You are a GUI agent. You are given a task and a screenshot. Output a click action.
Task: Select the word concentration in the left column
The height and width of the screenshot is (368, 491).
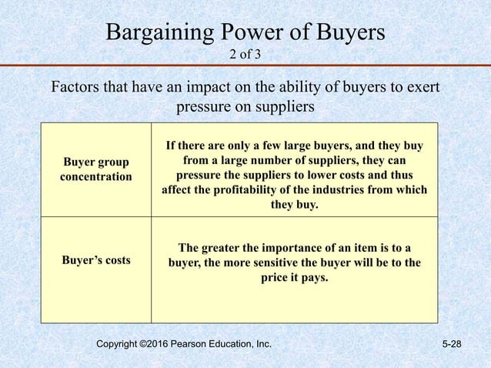[95, 177]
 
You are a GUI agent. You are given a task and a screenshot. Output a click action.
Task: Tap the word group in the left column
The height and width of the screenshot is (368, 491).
[112, 162]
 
